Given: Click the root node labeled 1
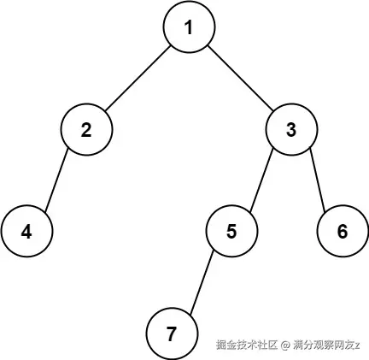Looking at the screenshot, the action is pos(189,27).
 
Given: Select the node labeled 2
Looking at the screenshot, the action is pos(86,129).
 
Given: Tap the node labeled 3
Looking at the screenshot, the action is pos(291,129).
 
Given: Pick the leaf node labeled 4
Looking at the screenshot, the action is pos(26,231).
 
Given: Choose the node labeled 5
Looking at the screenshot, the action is pos(231,231).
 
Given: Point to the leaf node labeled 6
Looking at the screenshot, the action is pos(343,231).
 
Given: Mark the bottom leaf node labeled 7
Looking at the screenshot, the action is pos(172,333).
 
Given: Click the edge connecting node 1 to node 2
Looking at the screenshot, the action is pos(138,78).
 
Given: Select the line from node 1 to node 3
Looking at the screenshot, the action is pos(240,78).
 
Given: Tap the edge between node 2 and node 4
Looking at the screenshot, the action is pos(56,180).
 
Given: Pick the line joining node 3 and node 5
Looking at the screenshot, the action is pos(261,180).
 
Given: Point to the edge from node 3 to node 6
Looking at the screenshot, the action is pos(317,180).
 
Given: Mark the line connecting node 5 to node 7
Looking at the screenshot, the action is pos(202,283).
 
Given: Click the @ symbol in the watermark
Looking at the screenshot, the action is pos(284,345).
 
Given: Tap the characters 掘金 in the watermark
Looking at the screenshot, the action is pos(226,345).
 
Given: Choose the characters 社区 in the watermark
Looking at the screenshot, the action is pos(267,345).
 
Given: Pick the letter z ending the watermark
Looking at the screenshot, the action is pos(357,346).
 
